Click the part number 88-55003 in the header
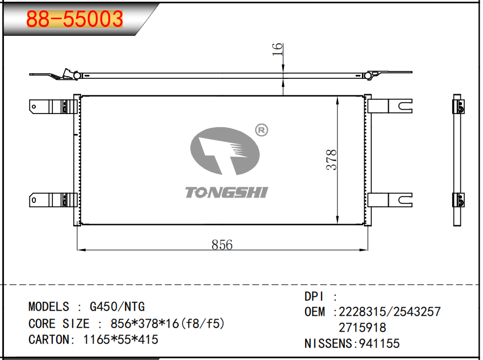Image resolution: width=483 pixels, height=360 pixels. (74, 19)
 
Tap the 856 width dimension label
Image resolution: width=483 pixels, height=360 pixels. (222, 245)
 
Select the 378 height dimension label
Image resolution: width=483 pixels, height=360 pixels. (331, 160)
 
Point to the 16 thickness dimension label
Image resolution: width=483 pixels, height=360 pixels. (277, 49)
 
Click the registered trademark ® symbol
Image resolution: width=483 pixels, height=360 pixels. (261, 130)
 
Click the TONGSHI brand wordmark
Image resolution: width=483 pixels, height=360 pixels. (226, 192)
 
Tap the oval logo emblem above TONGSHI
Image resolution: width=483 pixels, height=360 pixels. (225, 151)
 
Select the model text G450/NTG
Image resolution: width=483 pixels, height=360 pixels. (117, 307)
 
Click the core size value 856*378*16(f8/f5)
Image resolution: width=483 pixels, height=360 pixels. (168, 324)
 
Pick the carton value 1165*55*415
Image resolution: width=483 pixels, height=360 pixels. (120, 340)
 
